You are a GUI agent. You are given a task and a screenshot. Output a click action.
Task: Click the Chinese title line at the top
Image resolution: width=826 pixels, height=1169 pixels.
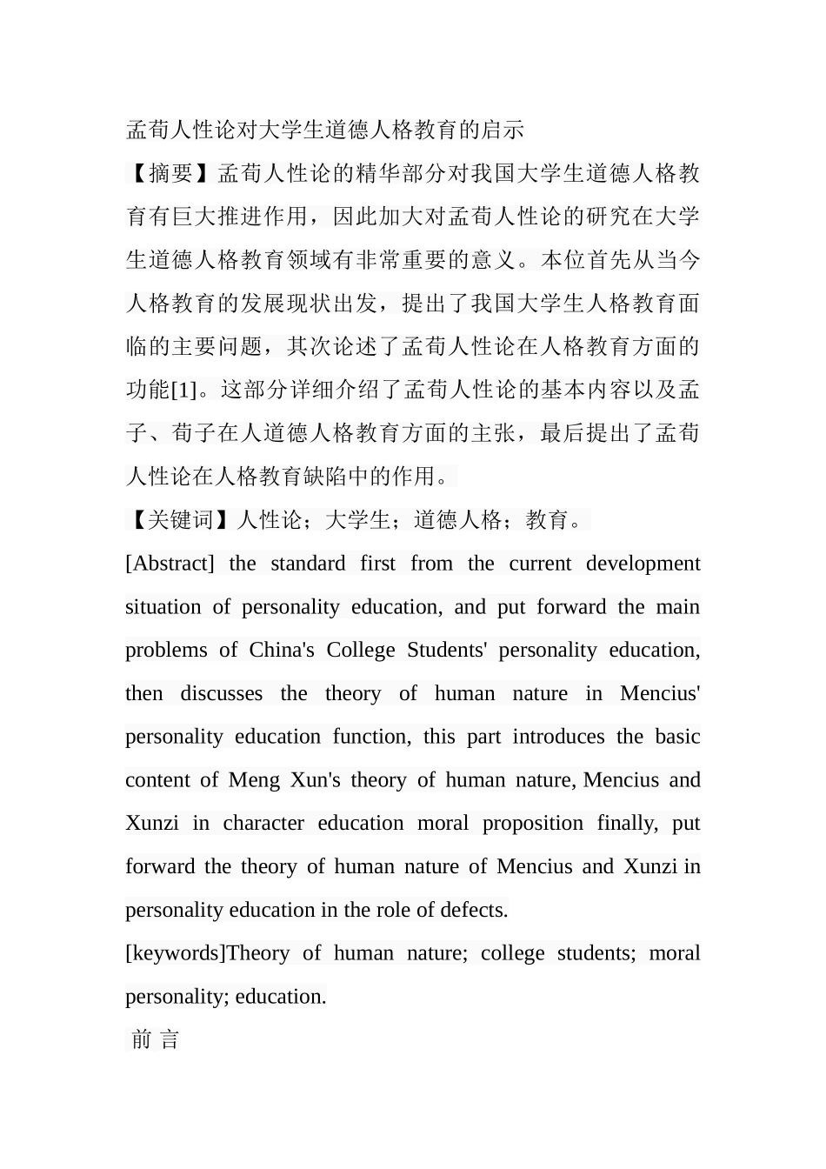coord(325,130)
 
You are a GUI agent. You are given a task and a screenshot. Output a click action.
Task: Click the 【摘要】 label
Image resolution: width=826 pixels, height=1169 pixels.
coord(170,174)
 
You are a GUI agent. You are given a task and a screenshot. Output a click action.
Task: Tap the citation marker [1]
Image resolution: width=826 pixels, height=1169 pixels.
coord(184,390)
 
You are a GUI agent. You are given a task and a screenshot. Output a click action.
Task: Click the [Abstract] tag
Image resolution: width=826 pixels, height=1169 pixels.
coord(170,564)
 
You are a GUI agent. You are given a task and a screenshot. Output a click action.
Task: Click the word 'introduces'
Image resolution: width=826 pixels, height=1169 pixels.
coord(557,737)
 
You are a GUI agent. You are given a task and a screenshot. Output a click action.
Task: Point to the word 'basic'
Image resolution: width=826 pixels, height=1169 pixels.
coord(677,737)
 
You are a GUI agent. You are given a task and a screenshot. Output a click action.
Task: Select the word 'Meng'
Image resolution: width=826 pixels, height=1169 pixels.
coord(254,780)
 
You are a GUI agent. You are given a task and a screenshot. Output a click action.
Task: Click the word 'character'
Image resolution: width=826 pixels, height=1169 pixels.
coord(263,824)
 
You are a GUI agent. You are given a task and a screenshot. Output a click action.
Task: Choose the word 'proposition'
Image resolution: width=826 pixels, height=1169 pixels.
coord(533,824)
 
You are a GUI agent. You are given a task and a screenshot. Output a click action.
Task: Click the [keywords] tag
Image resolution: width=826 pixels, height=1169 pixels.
coord(175,953)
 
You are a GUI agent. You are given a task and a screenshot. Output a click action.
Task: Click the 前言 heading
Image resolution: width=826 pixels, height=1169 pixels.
coord(156,1039)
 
